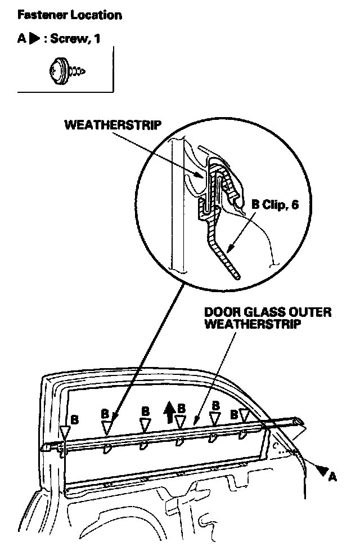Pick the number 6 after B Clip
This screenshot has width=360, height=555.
[x=295, y=205]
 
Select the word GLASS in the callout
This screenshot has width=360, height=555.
[x=258, y=312]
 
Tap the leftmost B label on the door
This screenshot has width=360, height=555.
[x=74, y=419]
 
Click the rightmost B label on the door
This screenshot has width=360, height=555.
[x=234, y=414]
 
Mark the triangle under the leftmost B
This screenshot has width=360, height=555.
[x=65, y=432]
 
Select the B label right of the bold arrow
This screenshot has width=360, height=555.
[x=182, y=408]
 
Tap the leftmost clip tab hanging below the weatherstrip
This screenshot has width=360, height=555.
[x=107, y=447]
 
